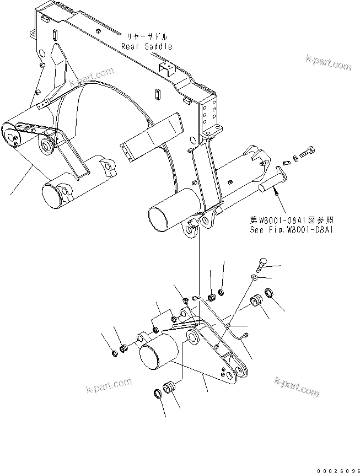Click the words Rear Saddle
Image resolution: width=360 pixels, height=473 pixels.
pyautogui.click(x=147, y=47)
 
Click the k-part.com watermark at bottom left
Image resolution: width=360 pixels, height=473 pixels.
pyautogui.click(x=109, y=384)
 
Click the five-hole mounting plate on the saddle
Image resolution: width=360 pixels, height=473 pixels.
pyautogui.click(x=209, y=115)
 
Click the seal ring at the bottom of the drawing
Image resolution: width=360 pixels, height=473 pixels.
pyautogui.click(x=157, y=393)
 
